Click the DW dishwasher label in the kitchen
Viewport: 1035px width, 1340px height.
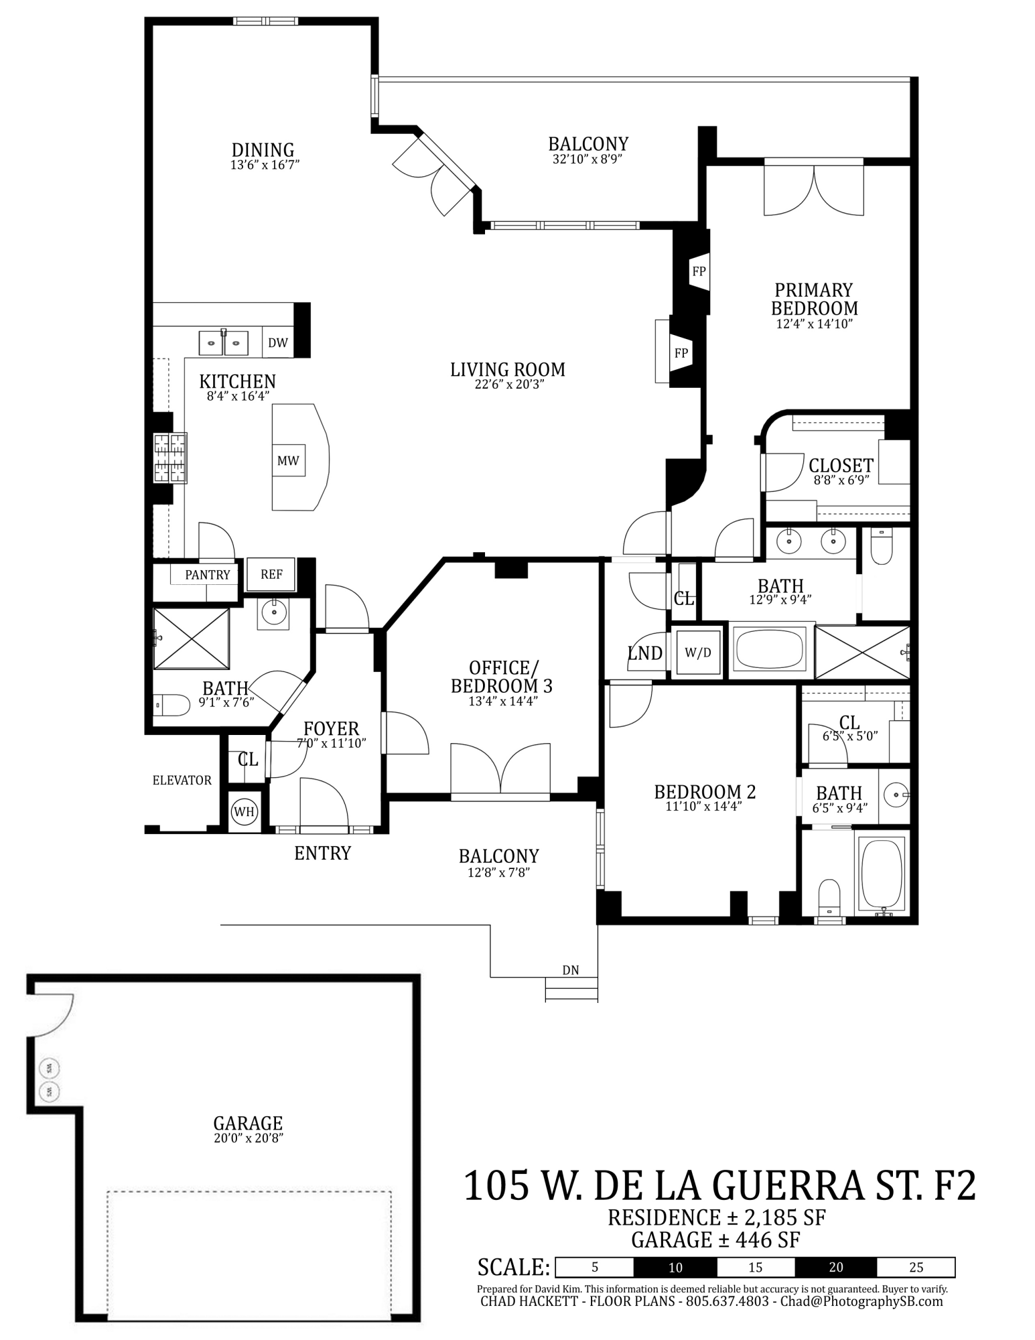278,343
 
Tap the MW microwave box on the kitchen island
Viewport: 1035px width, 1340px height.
288,461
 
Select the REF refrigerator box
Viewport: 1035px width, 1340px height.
271,574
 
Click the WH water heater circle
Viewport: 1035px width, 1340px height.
244,812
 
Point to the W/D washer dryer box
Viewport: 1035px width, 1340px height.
698,653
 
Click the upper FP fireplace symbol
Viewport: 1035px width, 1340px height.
699,271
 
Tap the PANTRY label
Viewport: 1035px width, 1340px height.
208,575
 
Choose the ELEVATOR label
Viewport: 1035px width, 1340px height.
182,780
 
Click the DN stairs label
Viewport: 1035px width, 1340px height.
571,970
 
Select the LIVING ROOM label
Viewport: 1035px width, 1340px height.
508,369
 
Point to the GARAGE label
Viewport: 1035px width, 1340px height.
248,1123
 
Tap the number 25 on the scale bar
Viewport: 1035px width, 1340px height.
916,1267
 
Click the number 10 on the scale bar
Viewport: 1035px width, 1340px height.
675,1267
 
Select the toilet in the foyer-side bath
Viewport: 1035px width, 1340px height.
171,704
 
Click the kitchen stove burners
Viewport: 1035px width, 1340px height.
169,458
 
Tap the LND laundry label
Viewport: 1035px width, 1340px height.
645,653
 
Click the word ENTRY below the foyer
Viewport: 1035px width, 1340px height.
322,853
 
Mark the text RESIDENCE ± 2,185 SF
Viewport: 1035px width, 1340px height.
716,1217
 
